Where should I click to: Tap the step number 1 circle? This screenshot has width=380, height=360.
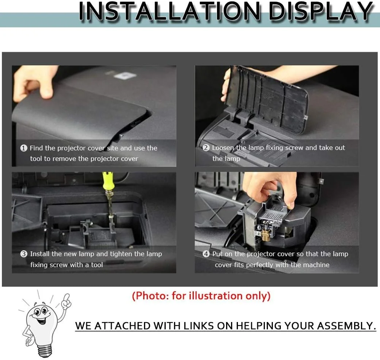(x=24, y=148)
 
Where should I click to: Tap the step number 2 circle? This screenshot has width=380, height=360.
(x=206, y=148)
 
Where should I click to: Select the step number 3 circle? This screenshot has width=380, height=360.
(x=24, y=254)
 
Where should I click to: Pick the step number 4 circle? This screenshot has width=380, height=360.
(x=206, y=254)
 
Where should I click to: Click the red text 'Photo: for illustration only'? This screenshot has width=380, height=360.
(x=201, y=296)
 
